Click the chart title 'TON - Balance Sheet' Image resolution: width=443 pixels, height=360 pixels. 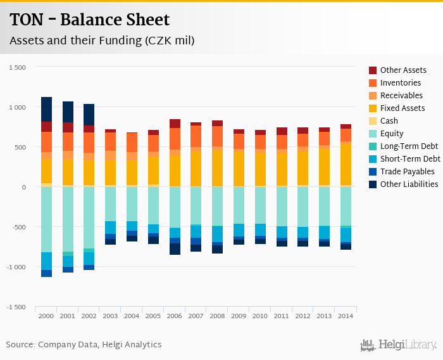point(90,20)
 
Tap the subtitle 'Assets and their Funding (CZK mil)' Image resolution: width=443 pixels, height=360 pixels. point(102,41)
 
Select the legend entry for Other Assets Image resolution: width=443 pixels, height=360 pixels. point(403,70)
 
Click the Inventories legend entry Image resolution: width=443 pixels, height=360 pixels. point(401,83)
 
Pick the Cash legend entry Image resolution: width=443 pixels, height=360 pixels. point(389,121)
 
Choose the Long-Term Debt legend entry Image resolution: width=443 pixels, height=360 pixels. point(409,146)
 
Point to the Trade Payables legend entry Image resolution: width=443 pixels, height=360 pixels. point(407,172)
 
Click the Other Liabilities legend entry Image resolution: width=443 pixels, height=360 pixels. point(409,184)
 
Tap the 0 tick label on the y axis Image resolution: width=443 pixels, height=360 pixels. point(23,187)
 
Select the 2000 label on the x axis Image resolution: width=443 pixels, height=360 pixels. point(46,316)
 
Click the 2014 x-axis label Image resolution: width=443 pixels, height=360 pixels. point(346,316)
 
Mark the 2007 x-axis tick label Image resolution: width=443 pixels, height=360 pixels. point(196,316)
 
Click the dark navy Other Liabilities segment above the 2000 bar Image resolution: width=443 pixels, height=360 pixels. point(46,109)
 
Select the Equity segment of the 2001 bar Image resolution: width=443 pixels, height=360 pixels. point(68,219)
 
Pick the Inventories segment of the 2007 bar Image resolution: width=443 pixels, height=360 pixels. point(196,136)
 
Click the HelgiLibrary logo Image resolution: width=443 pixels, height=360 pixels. point(399,345)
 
